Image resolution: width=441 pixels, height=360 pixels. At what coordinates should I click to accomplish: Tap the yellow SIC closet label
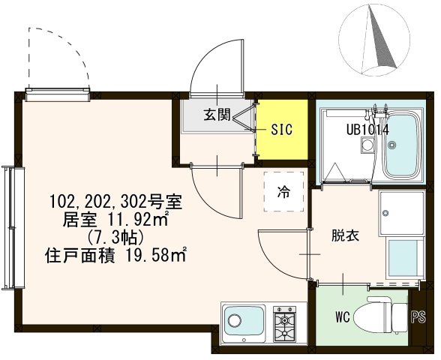coord(281,129)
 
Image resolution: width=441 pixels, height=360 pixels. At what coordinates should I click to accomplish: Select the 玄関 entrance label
coord(218,115)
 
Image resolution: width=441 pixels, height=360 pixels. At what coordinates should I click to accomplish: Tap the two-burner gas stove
coord(285,322)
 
